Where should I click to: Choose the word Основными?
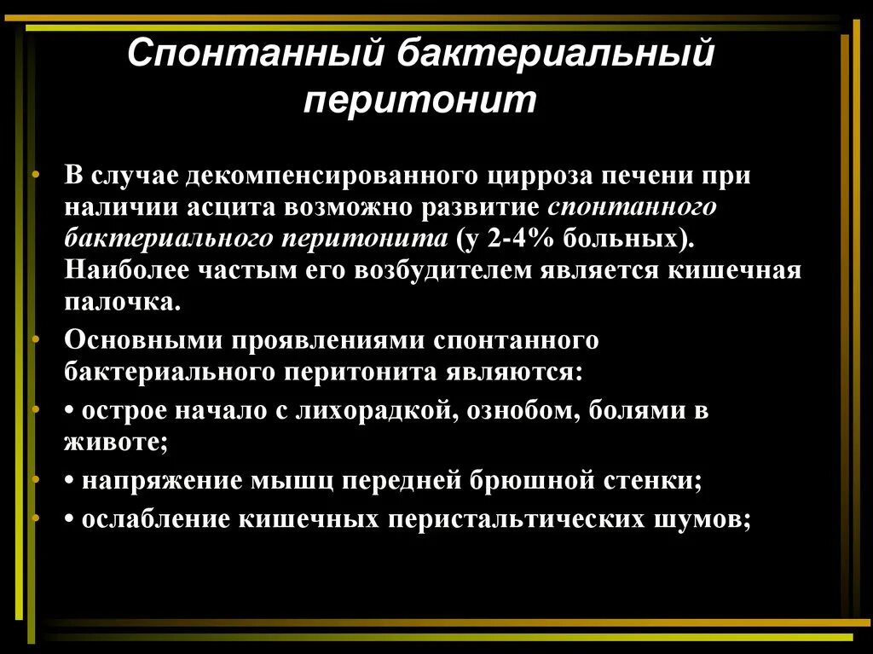click(132, 340)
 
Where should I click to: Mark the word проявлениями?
click(317, 340)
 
